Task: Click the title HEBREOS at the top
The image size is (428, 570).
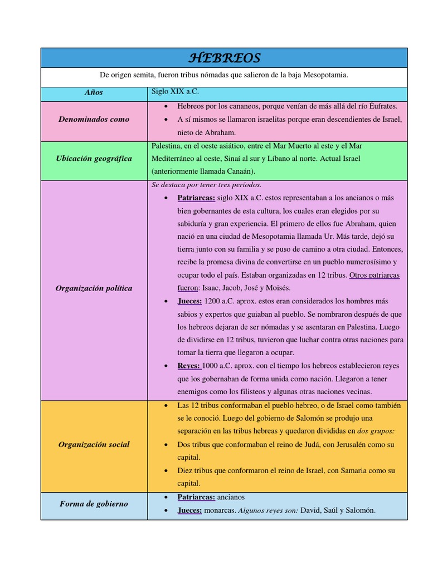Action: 224,58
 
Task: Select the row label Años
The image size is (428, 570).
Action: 94,92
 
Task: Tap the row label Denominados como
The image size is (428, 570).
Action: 94,119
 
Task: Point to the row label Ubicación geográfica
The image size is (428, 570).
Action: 94,159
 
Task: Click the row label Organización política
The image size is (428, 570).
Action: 94,288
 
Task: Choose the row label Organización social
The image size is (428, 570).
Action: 94,444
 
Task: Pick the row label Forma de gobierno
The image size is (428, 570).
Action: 94,504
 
